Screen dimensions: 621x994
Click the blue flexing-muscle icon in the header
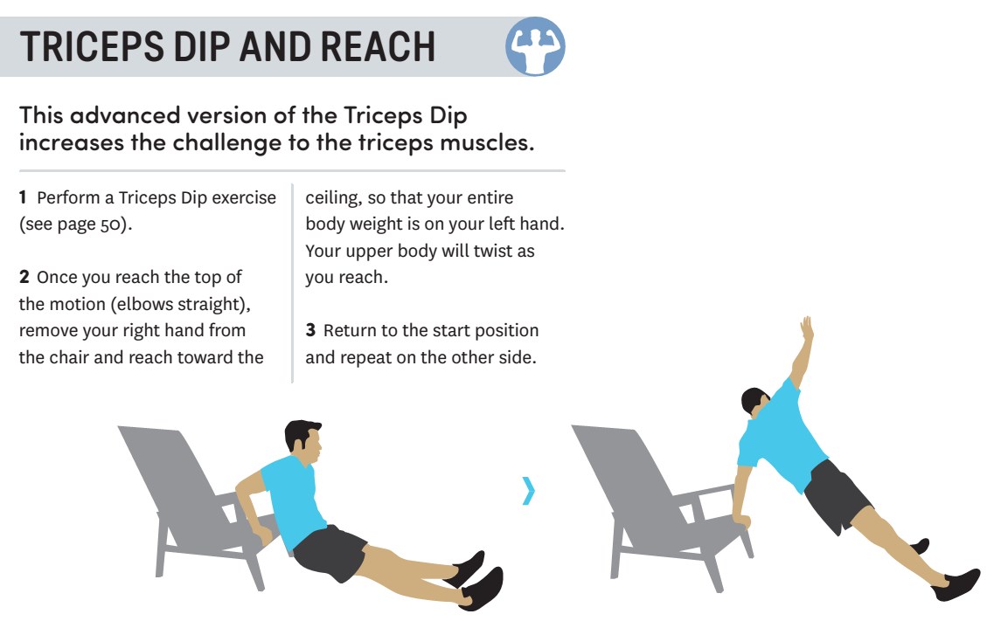coord(535,45)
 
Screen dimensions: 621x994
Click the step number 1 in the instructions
coord(24,197)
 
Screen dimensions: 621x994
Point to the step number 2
coord(24,278)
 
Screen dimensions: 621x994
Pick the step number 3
coord(310,331)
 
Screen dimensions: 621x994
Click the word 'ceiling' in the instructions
coord(332,197)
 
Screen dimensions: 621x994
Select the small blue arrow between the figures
coord(527,491)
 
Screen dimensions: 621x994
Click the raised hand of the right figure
coord(807,329)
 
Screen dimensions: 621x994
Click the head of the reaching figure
coord(755,402)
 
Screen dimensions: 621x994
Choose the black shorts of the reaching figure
coord(836,495)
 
